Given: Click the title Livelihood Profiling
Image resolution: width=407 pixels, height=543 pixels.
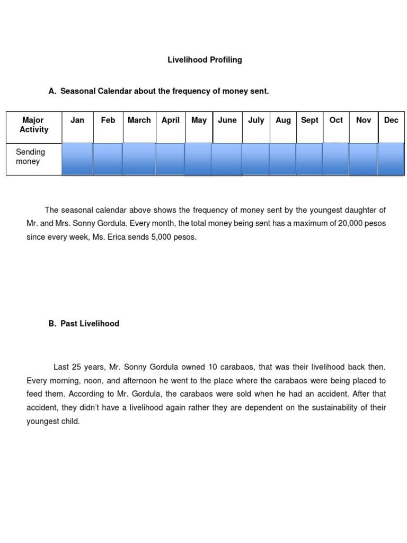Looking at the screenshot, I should pyautogui.click(x=205, y=60).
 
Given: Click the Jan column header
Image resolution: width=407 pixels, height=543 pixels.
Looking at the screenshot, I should pyautogui.click(x=77, y=120).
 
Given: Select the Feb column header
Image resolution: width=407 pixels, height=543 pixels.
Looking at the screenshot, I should pyautogui.click(x=108, y=120).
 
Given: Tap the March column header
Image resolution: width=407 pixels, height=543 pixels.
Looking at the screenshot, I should pyautogui.click(x=139, y=120).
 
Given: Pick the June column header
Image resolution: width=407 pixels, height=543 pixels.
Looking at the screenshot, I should pyautogui.click(x=227, y=120).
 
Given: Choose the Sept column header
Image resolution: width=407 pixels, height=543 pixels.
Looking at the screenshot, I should pyautogui.click(x=309, y=120).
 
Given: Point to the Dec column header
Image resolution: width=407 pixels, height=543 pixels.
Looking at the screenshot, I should pyautogui.click(x=391, y=120).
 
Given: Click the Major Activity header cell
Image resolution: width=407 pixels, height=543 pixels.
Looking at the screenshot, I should pyautogui.click(x=34, y=125).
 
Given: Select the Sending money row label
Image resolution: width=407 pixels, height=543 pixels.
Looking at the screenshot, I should pyautogui.click(x=30, y=157).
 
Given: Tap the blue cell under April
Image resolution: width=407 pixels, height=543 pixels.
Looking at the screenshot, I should pyautogui.click(x=170, y=159).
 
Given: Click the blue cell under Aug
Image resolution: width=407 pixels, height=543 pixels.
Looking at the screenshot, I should pyautogui.click(x=282, y=159).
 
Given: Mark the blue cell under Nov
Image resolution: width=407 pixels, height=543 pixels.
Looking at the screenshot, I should pyautogui.click(x=363, y=159).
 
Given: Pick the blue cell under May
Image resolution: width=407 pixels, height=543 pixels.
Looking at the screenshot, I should pyautogui.click(x=198, y=159).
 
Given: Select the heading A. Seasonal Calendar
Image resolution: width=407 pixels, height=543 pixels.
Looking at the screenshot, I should pyautogui.click(x=159, y=91).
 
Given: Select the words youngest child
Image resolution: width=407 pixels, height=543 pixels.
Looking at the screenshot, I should pyautogui.click(x=53, y=422).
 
